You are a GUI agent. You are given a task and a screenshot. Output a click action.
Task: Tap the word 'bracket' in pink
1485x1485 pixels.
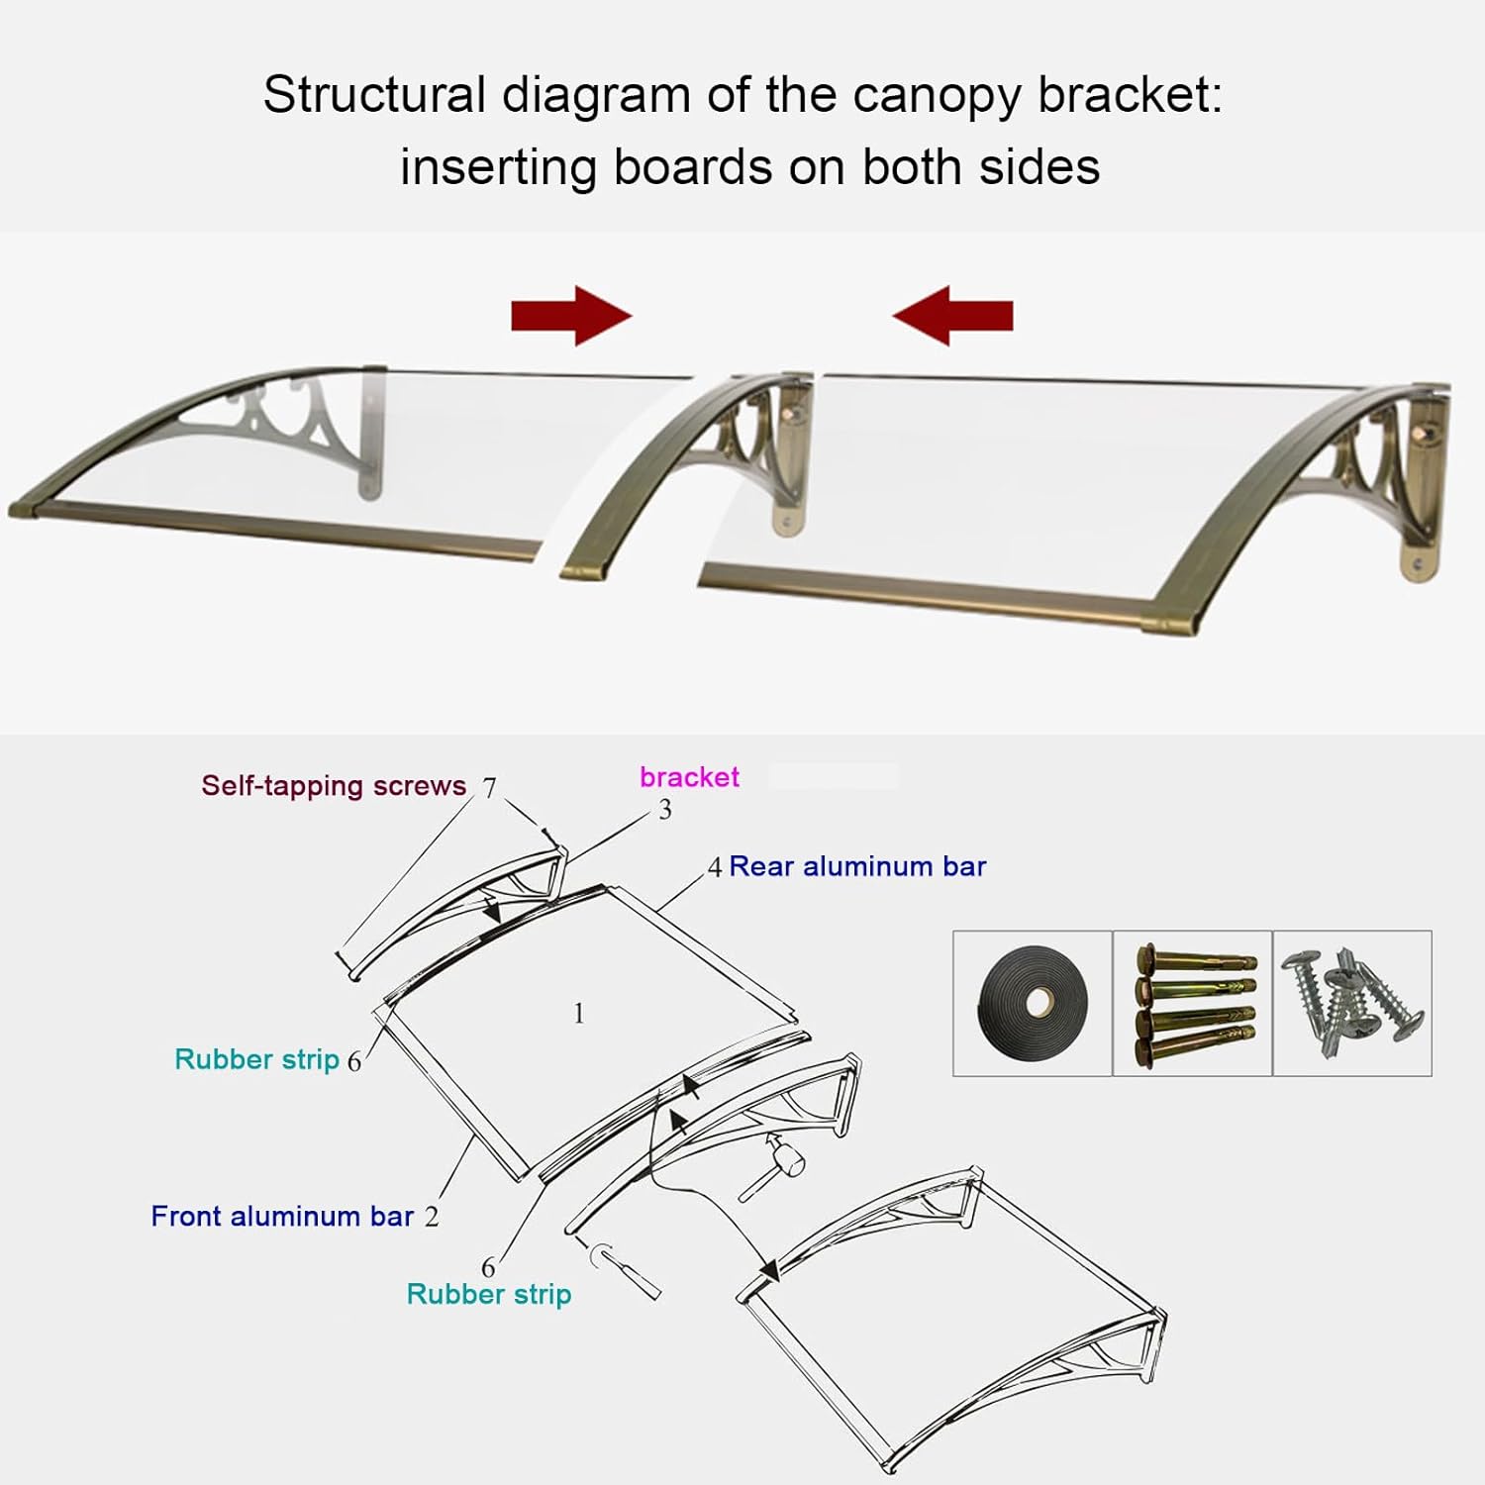[689, 777]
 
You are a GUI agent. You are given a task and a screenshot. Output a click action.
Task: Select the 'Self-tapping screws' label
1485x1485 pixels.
[334, 786]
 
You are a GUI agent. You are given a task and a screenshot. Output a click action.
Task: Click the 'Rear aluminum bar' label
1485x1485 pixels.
[857, 867]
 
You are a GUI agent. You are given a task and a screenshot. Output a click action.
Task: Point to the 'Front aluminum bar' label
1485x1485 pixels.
[282, 1217]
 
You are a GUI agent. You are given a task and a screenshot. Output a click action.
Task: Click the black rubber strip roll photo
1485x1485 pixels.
[1033, 1003]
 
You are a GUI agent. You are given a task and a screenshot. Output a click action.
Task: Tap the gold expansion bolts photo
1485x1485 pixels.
[1193, 1003]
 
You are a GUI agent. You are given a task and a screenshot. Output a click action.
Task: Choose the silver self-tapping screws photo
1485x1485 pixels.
[1352, 1003]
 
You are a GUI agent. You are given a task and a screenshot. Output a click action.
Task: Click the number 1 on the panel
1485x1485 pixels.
[579, 1014]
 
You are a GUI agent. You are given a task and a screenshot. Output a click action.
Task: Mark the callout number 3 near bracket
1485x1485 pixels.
[665, 810]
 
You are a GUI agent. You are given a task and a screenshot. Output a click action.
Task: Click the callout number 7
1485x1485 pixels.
[489, 788]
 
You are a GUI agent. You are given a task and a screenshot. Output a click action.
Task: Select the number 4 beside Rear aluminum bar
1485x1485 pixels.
[715, 868]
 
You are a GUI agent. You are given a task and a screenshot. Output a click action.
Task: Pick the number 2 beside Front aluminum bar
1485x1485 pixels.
[432, 1218]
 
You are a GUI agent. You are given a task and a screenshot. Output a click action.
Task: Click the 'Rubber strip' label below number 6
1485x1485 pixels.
[489, 1295]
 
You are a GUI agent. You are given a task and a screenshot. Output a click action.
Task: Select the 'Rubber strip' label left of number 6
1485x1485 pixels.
[257, 1059]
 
